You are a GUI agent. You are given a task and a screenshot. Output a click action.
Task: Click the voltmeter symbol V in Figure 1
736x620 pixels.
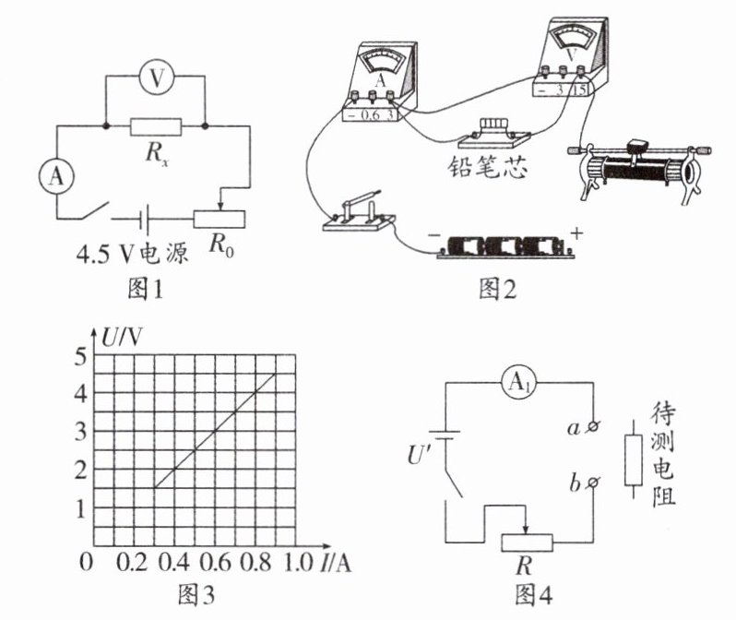[x=157, y=77]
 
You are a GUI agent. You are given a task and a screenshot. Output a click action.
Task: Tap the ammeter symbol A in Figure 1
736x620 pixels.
[x=56, y=176]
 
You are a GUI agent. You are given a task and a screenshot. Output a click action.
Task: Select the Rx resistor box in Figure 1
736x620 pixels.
[x=155, y=126]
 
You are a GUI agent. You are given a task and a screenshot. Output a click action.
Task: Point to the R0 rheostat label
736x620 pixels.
[x=221, y=244]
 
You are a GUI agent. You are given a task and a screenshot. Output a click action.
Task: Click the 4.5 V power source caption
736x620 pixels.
[x=132, y=254]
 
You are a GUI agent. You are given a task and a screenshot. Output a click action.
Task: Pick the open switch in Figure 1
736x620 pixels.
[x=94, y=210]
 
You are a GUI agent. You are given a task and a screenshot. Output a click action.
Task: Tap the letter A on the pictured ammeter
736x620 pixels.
[x=381, y=80]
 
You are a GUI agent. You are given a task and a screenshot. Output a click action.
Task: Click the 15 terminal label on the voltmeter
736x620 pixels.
[x=580, y=89]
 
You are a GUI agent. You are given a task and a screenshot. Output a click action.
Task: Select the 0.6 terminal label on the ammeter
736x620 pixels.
[x=371, y=115]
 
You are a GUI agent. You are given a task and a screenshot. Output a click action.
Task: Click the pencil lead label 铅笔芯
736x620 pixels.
[x=487, y=166]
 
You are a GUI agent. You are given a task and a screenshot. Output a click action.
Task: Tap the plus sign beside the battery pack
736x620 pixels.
[x=576, y=233]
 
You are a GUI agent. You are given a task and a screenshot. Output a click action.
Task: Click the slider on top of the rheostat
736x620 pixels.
[x=637, y=144]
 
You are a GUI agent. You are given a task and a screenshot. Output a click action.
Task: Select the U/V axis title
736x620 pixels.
[x=122, y=337]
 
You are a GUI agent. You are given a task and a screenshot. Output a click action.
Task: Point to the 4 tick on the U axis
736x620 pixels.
[x=81, y=394]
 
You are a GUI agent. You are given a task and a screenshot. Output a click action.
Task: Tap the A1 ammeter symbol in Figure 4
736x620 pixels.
[x=518, y=382]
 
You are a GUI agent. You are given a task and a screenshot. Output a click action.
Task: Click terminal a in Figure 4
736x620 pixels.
[x=593, y=426]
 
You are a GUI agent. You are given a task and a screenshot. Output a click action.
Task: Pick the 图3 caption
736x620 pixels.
[x=196, y=595]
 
